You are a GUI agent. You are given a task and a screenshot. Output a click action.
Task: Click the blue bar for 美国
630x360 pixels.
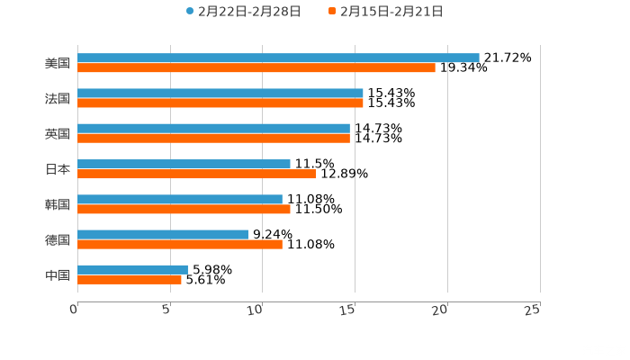[278, 58]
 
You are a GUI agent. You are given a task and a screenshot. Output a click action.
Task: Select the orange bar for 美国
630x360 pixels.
[256, 67]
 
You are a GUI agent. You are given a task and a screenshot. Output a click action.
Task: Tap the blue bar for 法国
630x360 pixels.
[220, 93]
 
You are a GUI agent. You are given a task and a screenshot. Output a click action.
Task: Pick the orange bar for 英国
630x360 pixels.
[213, 139]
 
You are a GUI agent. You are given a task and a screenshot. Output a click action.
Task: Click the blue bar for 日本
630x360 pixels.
[184, 164]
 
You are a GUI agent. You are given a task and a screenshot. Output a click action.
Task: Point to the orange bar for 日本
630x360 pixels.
[197, 174]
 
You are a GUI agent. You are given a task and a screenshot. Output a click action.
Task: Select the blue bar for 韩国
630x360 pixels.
[180, 199]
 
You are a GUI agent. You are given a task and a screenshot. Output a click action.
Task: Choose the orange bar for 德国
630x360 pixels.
[180, 244]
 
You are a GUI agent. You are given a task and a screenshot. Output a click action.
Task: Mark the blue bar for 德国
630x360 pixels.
[163, 234]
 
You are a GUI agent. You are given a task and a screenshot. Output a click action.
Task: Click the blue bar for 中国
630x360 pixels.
[132, 269]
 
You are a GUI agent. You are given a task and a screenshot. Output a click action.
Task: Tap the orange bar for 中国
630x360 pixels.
[130, 279]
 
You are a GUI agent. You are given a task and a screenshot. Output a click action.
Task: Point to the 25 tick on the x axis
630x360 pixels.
[533, 310]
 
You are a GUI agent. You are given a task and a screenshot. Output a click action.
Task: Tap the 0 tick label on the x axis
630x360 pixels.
[74, 310]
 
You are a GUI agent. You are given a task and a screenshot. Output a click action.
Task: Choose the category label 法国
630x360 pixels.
[57, 98]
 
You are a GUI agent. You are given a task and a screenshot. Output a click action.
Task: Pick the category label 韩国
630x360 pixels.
[57, 204]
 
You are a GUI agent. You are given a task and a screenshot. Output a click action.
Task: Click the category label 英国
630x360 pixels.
[57, 133]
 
